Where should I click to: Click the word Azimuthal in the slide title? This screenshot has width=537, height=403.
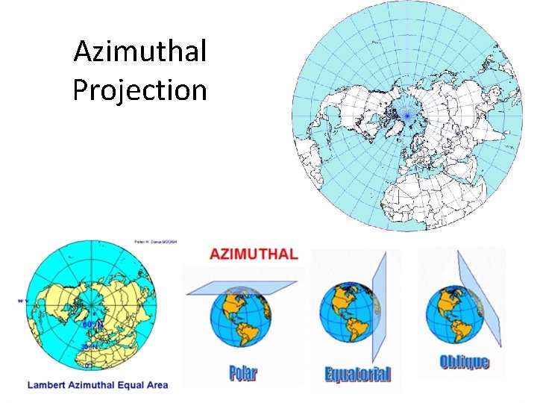pyautogui.click(x=139, y=52)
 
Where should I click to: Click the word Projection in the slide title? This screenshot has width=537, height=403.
pyautogui.click(x=139, y=90)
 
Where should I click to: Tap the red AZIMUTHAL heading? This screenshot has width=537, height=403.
pyautogui.click(x=254, y=254)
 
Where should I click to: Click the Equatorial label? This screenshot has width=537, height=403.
pyautogui.click(x=357, y=374)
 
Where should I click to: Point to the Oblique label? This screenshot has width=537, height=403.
pyautogui.click(x=464, y=362)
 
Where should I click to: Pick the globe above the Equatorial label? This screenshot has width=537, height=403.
pyautogui.click(x=348, y=313)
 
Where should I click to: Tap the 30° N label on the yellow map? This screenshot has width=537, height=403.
pyautogui.click(x=89, y=347)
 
